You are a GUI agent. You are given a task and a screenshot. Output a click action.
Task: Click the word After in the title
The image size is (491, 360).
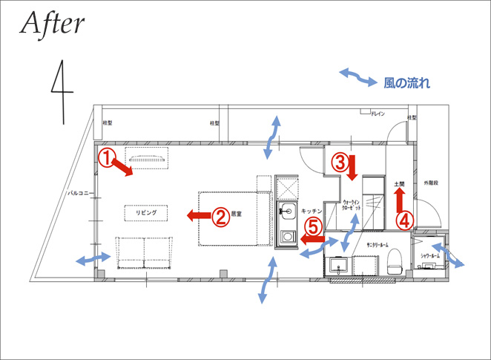53,24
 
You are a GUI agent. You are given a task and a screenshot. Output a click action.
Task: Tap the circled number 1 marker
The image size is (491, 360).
108,157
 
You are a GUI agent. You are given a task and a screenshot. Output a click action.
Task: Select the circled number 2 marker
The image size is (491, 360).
220,216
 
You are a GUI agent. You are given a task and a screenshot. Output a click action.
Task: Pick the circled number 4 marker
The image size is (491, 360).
404,220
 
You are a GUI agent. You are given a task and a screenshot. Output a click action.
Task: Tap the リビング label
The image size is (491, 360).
145,212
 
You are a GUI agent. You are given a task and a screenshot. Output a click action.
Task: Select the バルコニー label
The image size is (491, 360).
79,193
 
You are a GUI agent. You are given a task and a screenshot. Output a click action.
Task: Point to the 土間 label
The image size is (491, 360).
399,182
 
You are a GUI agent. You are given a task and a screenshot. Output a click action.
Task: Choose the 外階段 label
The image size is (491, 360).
431,182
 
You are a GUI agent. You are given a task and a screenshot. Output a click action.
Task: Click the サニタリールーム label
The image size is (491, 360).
378,243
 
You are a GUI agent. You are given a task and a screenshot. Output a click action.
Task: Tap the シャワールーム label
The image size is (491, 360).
430,255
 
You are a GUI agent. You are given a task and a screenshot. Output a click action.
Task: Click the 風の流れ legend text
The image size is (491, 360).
406,83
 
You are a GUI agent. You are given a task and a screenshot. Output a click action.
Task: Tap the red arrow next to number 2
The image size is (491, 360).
197,216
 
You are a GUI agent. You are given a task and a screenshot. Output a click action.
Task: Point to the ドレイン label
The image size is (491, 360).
380,114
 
